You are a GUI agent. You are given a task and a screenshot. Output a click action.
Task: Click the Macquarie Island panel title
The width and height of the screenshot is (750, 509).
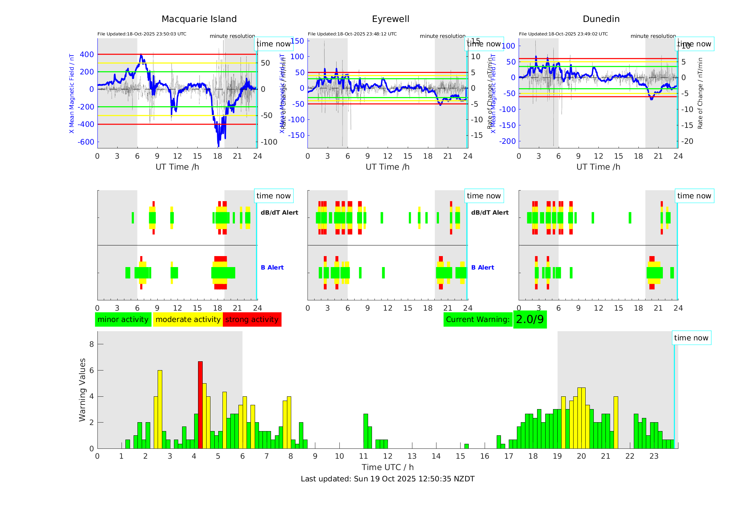(199, 19)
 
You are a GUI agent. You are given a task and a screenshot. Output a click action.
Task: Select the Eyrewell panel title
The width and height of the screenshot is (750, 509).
(390, 19)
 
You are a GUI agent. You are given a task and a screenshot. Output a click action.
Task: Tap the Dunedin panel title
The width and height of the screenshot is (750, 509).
(601, 19)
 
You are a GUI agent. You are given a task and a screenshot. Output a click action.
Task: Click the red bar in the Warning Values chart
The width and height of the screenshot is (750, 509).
(200, 405)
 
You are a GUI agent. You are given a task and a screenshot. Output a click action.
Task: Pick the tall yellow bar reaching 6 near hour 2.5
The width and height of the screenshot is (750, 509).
(160, 409)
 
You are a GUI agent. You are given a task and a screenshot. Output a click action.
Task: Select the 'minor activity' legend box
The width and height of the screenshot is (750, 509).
(123, 319)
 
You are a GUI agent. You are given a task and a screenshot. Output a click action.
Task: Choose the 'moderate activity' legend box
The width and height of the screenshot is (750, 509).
(188, 319)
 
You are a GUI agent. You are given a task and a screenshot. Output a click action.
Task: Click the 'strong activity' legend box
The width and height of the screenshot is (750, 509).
(252, 319)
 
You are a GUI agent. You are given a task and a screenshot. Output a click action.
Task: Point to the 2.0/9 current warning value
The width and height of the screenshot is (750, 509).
(530, 319)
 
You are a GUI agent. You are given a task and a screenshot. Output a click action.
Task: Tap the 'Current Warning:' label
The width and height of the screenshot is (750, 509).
(478, 319)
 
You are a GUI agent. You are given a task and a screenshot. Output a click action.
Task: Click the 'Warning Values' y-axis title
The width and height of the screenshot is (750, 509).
(83, 390)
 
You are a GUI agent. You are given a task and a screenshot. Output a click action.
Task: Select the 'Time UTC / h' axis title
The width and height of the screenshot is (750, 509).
(388, 467)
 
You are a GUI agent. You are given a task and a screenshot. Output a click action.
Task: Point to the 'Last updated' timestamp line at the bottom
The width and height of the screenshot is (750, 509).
(388, 479)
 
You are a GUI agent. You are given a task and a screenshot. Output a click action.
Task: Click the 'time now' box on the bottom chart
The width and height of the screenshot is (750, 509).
(691, 338)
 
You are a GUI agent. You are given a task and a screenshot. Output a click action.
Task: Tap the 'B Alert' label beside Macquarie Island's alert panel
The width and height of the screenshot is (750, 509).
(272, 267)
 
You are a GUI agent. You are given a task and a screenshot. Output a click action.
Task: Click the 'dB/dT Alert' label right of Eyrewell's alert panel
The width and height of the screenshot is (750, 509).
(490, 213)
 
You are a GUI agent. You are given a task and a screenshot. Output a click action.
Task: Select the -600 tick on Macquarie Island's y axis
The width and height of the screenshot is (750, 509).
(86, 142)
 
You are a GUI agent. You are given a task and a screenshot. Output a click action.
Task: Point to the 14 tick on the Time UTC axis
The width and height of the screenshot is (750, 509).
(436, 456)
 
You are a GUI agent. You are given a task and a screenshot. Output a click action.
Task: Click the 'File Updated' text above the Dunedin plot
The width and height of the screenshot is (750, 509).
(563, 34)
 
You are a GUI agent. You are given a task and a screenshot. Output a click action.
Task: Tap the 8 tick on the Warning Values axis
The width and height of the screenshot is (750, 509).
(92, 344)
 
